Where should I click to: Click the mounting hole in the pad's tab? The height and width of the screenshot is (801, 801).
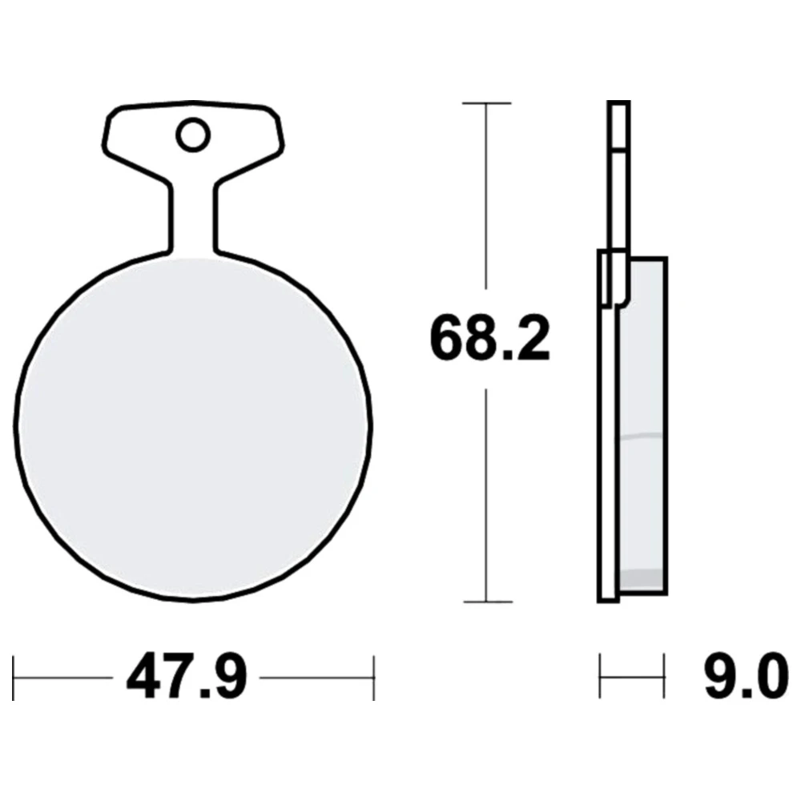(x=193, y=135)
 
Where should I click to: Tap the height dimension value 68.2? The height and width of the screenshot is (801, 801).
(x=490, y=339)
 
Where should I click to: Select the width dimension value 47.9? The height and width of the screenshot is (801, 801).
(x=187, y=678)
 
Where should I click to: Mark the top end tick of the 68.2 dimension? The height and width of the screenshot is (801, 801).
(x=486, y=103)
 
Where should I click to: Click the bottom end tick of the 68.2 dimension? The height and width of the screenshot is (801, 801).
(x=487, y=602)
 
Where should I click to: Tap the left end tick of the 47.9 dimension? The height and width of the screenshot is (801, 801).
(x=14, y=678)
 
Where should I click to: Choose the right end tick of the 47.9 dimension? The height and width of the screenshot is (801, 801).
(x=374, y=678)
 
